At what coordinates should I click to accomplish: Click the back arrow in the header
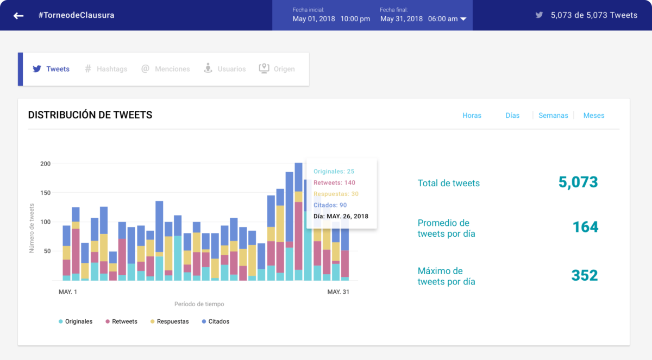[18, 16]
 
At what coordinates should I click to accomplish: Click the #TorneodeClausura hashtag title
[76, 15]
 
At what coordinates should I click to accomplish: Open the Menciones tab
[166, 69]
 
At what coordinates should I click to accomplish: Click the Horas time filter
[472, 116]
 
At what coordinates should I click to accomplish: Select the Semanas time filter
[553, 116]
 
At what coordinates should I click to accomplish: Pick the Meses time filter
[593, 116]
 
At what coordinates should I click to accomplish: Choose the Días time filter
[512, 116]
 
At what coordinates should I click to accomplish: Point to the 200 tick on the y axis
[45, 163]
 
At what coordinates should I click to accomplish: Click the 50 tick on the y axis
[47, 251]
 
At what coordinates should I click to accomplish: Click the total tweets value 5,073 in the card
[578, 182]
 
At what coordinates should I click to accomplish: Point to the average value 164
[585, 227]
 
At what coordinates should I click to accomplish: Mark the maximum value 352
[584, 275]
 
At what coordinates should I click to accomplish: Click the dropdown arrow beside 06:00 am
[463, 19]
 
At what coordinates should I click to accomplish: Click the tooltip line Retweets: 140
[334, 183]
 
